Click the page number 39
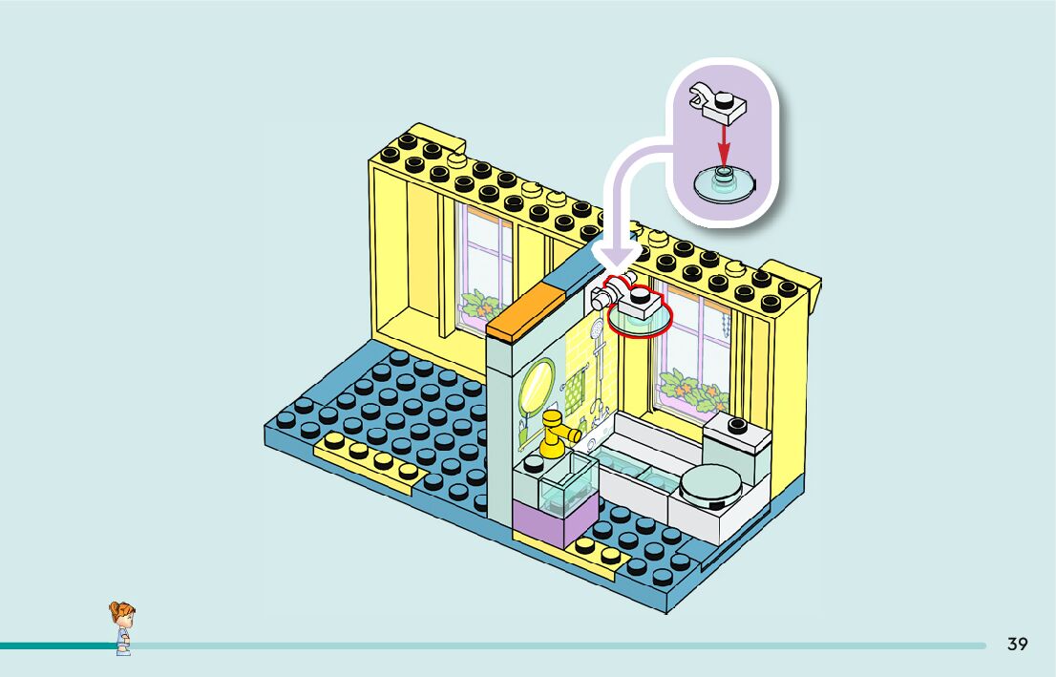coord(1017,645)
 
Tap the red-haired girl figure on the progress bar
coord(121,627)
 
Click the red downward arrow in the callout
coord(724,143)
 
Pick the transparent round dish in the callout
coord(726,183)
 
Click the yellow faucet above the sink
coord(555,434)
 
